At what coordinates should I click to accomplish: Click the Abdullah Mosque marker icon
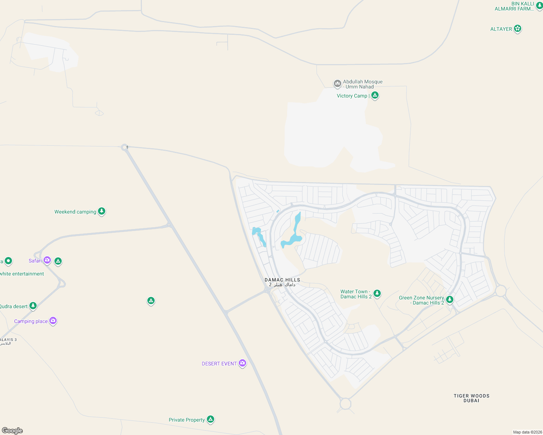[337, 84]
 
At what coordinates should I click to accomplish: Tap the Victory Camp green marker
[375, 95]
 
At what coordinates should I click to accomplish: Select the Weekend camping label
[75, 212]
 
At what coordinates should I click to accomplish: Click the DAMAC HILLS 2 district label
[282, 282]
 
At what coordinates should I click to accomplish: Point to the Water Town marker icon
[377, 293]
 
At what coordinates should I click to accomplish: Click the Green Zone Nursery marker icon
[450, 299]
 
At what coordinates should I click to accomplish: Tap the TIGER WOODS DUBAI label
[471, 398]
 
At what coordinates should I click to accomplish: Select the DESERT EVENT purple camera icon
[242, 363]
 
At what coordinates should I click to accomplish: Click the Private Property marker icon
[211, 419]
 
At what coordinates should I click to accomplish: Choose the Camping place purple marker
[53, 320]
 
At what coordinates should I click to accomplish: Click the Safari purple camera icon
[47, 260]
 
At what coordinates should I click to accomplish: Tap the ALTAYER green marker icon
[518, 28]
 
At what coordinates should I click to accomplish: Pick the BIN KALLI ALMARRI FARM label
[514, 6]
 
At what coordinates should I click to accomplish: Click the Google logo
[12, 430]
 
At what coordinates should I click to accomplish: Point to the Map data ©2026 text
[527, 432]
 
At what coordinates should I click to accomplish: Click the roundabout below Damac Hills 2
[346, 403]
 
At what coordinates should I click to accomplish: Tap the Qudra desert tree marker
[33, 306]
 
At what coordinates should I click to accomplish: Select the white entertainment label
[22, 274]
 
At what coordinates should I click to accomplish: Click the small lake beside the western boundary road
[258, 235]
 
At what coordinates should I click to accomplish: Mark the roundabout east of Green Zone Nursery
[501, 291]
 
